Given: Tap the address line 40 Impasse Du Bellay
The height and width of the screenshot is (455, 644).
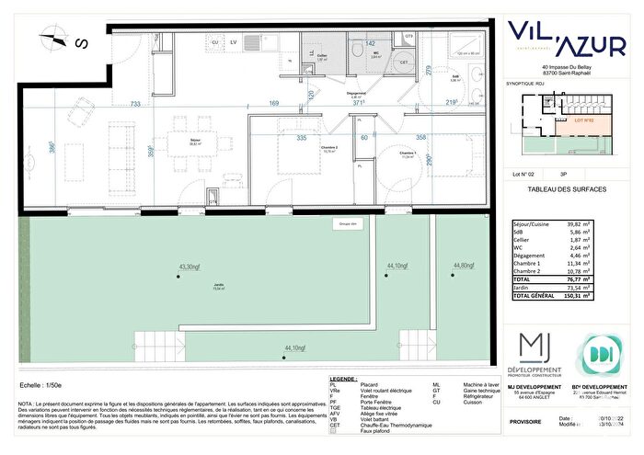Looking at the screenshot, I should point(571,68).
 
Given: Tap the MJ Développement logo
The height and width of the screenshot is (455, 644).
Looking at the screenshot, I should point(537,354).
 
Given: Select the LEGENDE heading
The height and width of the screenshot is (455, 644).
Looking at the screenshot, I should point(344,379).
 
